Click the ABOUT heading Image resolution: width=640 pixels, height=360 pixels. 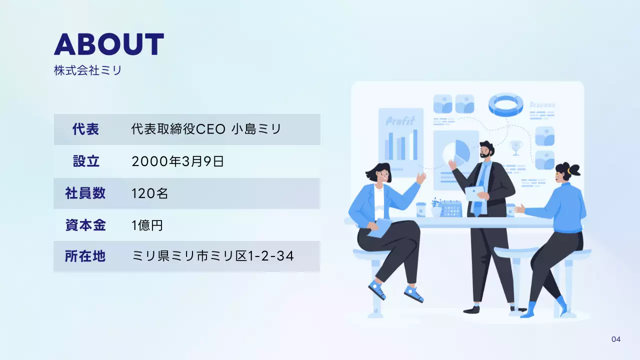coord(109,44)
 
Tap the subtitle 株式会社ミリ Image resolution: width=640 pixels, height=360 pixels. coord(87,70)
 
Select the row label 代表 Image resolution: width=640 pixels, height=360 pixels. coord(85,129)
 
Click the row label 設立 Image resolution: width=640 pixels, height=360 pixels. coord(86,161)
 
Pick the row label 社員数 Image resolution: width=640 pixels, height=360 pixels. coord(85,193)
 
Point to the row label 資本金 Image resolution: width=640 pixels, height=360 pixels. coord(85,225)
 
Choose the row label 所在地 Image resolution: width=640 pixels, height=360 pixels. coord(85,256)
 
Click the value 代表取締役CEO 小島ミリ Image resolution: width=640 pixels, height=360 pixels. coord(206,129)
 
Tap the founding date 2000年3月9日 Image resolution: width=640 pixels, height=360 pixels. coord(177,161)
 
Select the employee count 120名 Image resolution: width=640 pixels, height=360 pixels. coord(149,193)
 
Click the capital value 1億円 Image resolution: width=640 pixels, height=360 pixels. coord(147,225)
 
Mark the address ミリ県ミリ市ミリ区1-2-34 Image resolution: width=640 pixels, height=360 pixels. coord(212,256)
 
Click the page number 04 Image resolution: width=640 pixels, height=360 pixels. coord(616,339)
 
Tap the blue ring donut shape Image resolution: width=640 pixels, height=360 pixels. coord(505,103)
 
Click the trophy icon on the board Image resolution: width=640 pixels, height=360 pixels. coord(515,147)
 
